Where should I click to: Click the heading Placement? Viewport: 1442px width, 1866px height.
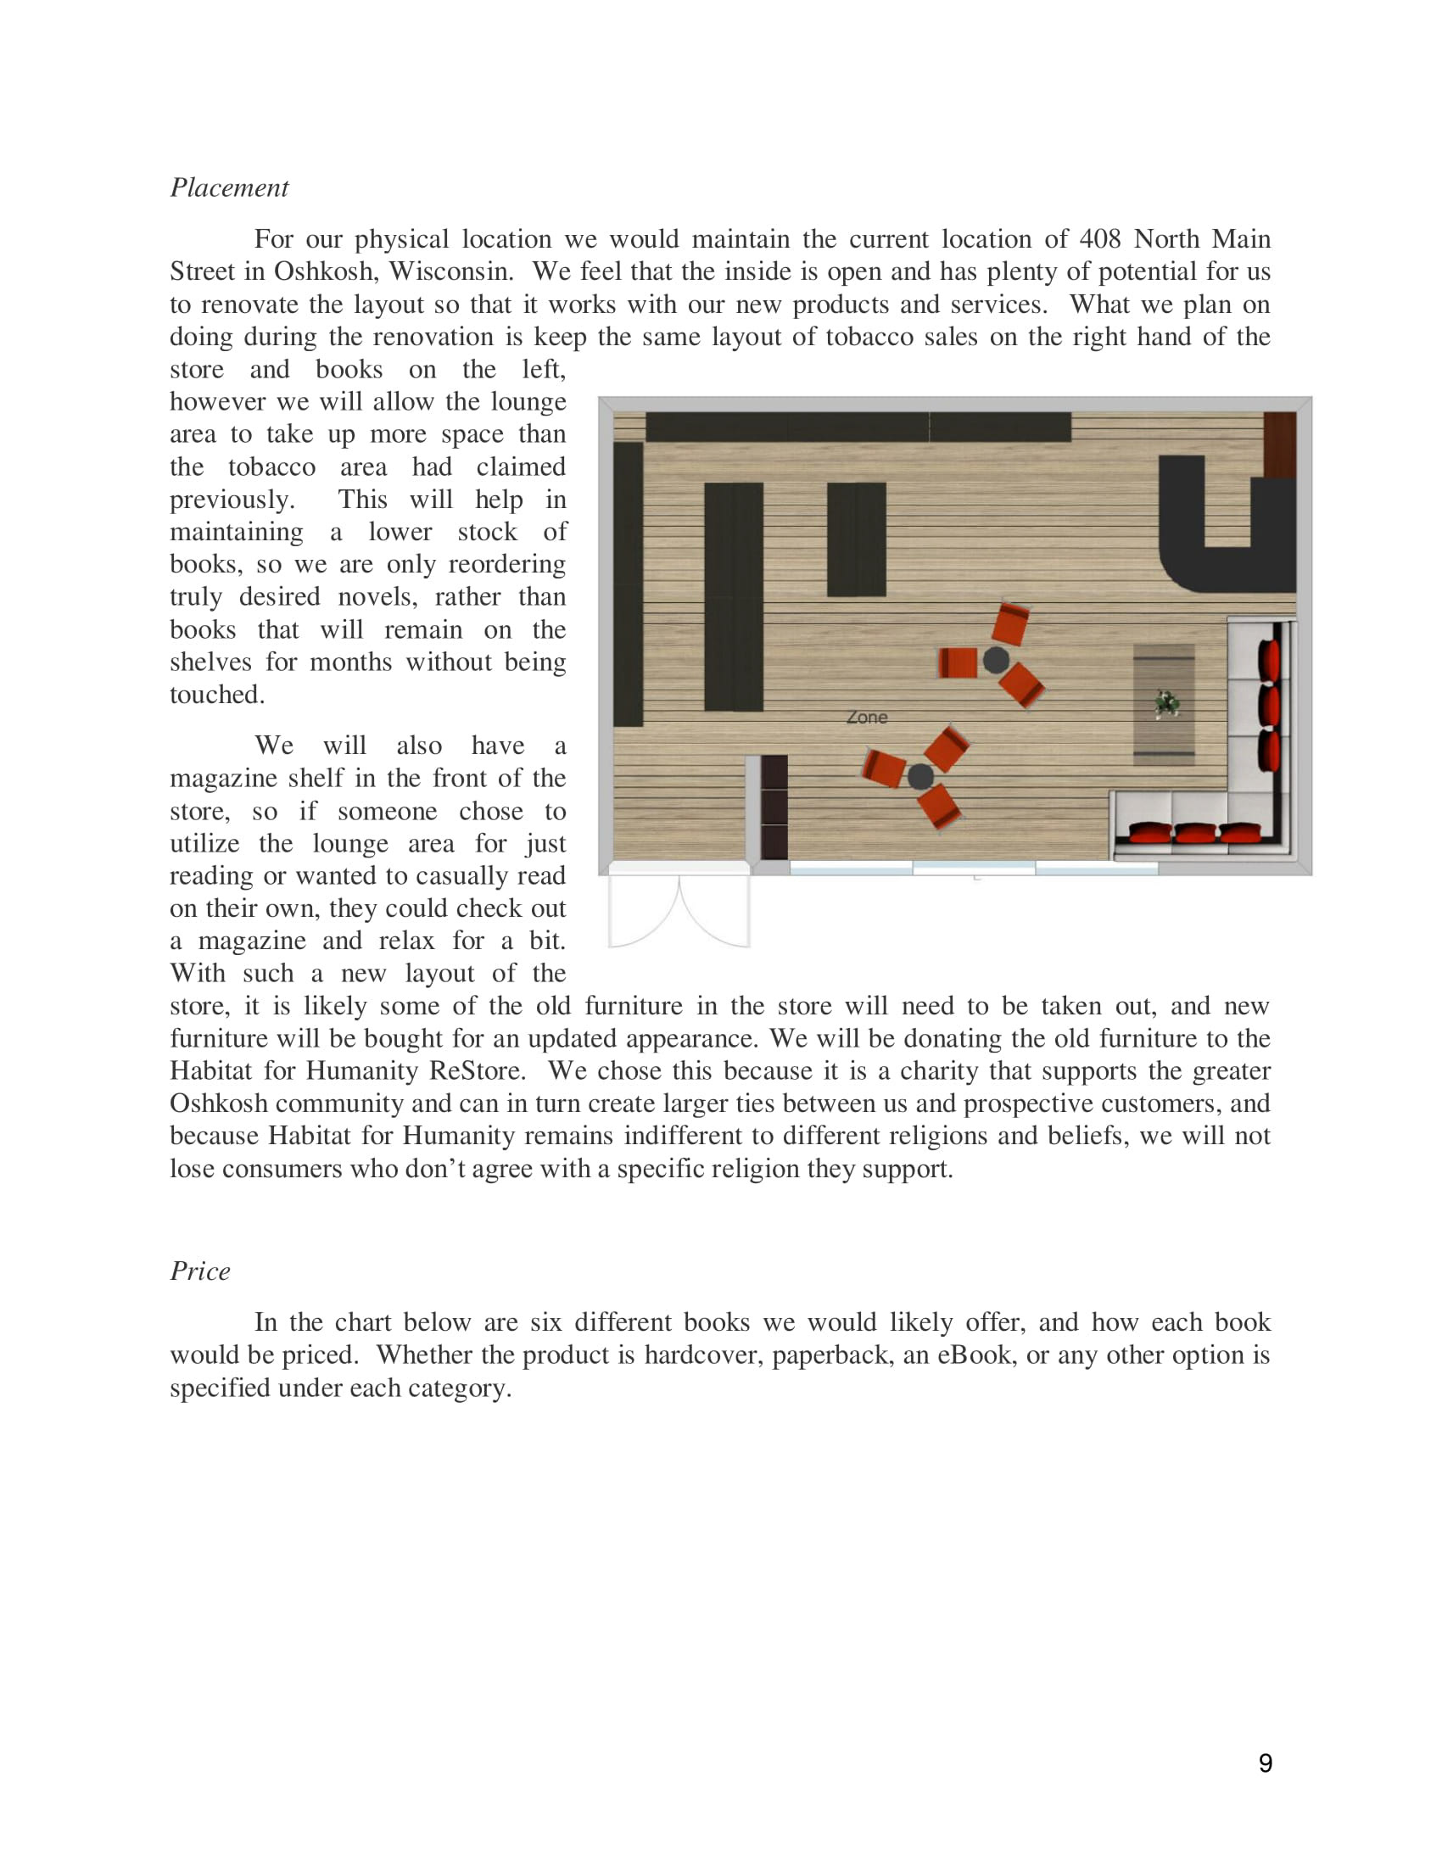[229, 187]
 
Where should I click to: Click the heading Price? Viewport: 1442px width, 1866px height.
[200, 1271]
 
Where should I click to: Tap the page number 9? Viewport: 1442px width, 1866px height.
[1266, 1763]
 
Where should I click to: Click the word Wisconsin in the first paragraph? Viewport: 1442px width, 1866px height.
[450, 271]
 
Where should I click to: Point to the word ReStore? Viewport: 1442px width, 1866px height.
[476, 1070]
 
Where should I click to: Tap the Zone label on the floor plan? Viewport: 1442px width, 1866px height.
[866, 718]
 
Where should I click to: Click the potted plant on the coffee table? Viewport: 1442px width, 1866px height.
[1166, 704]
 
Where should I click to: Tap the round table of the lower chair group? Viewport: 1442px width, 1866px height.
[920, 776]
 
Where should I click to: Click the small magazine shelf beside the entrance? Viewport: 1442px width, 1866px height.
[774, 807]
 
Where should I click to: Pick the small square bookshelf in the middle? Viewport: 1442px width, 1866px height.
[856, 539]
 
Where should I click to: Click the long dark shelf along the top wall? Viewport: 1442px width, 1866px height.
[858, 427]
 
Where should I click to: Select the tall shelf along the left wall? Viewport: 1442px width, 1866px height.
[628, 584]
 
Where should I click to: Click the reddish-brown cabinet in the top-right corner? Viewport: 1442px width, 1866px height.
[1279, 444]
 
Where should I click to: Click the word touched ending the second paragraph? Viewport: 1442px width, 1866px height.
[217, 695]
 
